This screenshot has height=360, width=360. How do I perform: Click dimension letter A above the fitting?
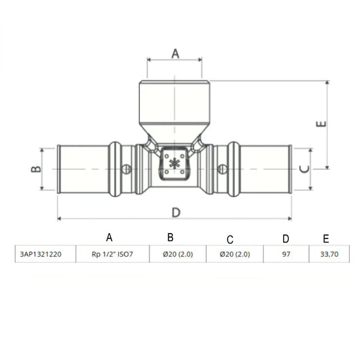pyautogui.click(x=175, y=54)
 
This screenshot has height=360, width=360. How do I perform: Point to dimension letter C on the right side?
pyautogui.click(x=305, y=168)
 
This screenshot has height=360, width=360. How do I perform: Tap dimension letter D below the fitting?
pyautogui.click(x=176, y=212)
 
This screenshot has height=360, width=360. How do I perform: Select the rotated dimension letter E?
pyautogui.click(x=321, y=125)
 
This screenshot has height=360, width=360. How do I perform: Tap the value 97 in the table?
pyautogui.click(x=285, y=255)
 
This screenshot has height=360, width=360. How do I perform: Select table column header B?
pyautogui.click(x=171, y=237)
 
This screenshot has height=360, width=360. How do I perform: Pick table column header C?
pyautogui.click(x=230, y=238)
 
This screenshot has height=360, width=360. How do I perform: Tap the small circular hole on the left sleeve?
pyautogui.click(x=126, y=169)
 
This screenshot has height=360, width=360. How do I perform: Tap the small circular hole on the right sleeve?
pyautogui.click(x=221, y=169)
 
